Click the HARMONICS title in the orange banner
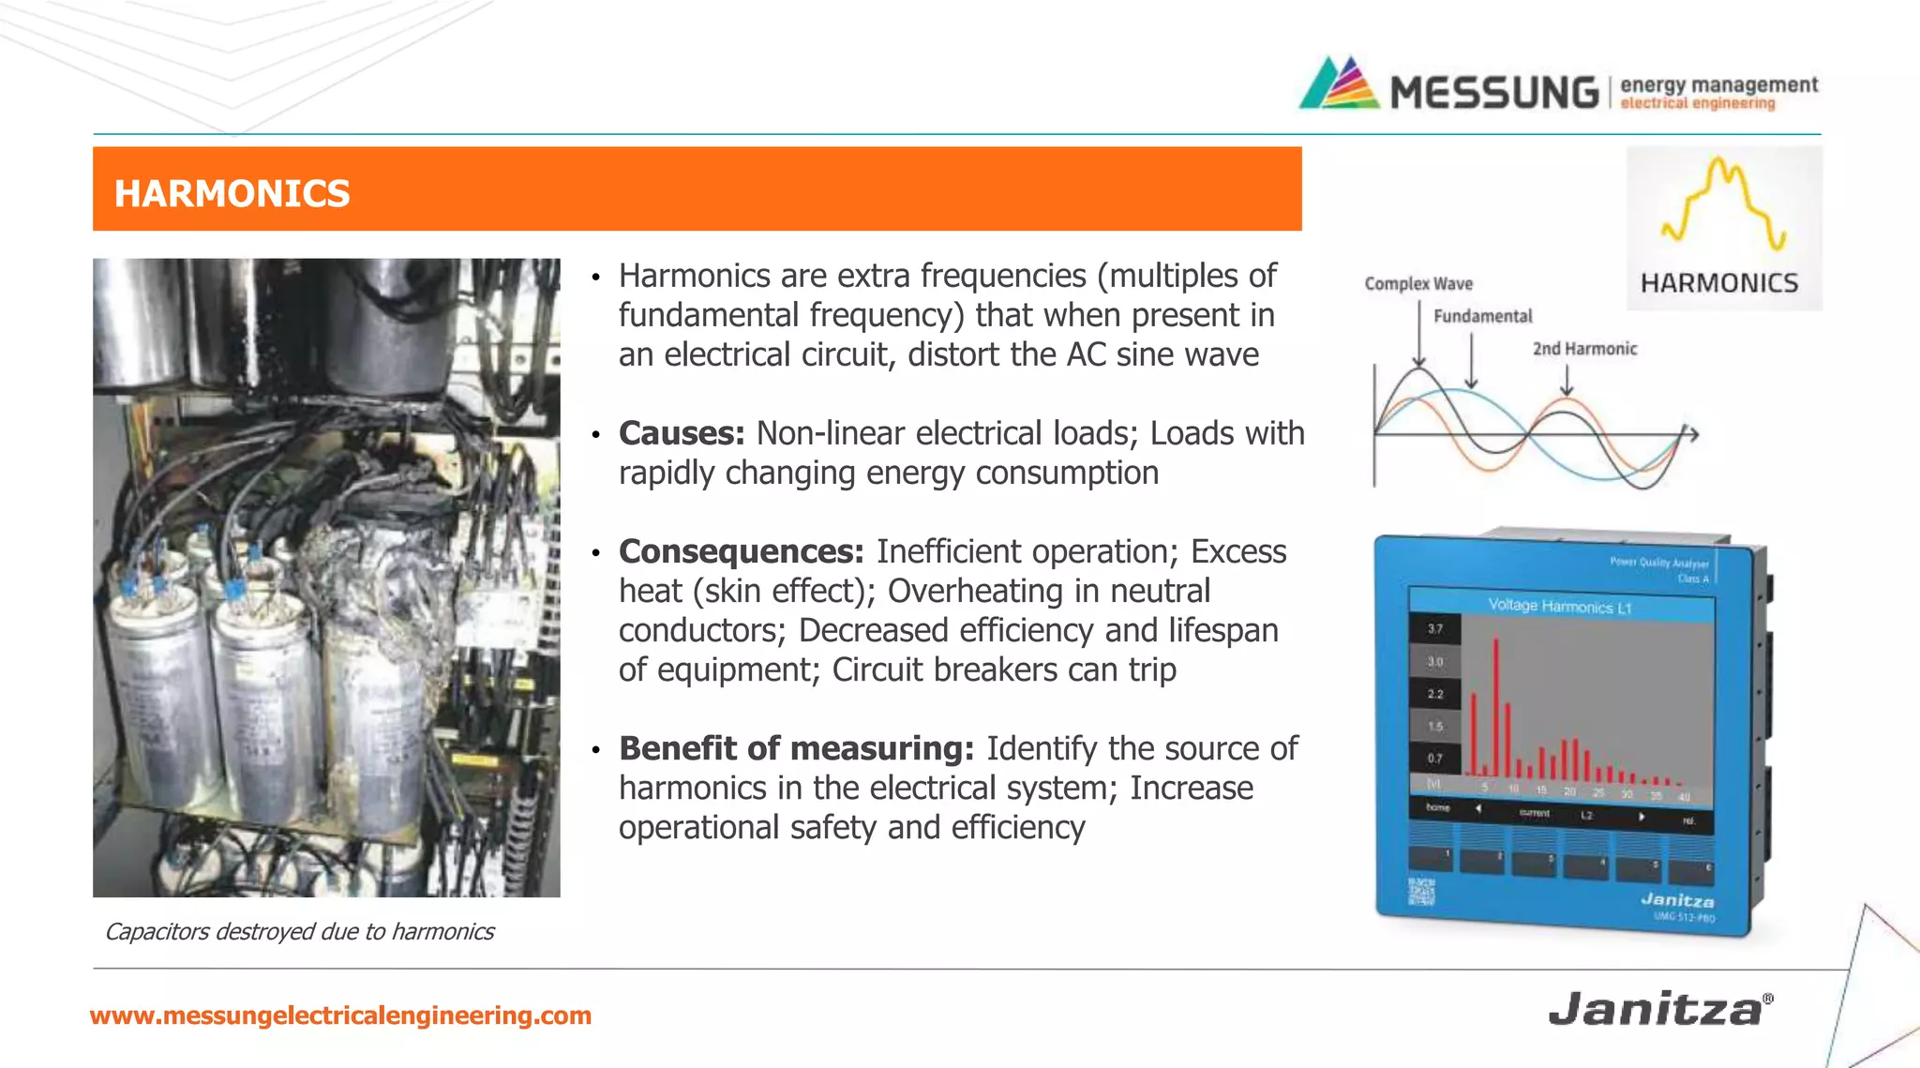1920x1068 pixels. pyautogui.click(x=232, y=193)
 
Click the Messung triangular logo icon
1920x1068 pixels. pyautogui.click(x=1339, y=84)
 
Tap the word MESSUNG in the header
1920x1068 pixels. pyautogui.click(x=1494, y=93)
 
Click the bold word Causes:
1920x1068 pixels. pyautogui.click(x=682, y=433)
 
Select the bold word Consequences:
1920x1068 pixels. pyautogui.click(x=741, y=551)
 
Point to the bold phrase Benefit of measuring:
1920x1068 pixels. pyautogui.click(x=796, y=748)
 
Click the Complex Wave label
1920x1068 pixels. pyautogui.click(x=1418, y=283)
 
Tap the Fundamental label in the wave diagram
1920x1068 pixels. pyautogui.click(x=1482, y=316)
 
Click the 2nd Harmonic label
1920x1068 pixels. pyautogui.click(x=1584, y=349)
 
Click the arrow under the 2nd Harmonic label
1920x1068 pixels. pyautogui.click(x=1567, y=379)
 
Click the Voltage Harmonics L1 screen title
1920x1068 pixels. pyautogui.click(x=1559, y=607)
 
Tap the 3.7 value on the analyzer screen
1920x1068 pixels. pyautogui.click(x=1435, y=628)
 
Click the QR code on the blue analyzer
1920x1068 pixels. pyautogui.click(x=1421, y=891)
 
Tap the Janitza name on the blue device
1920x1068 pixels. pyautogui.click(x=1677, y=900)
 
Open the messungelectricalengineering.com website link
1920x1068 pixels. pyautogui.click(x=340, y=1015)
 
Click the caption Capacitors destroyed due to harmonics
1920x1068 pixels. pyautogui.click(x=299, y=931)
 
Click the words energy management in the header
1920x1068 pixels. pyautogui.click(x=1718, y=84)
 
